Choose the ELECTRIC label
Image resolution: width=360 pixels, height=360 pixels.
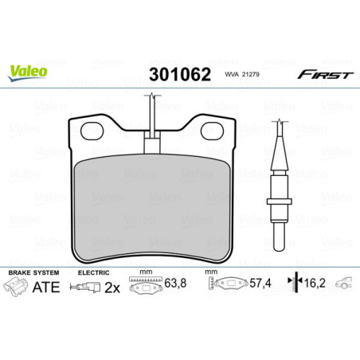[x=92, y=272]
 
